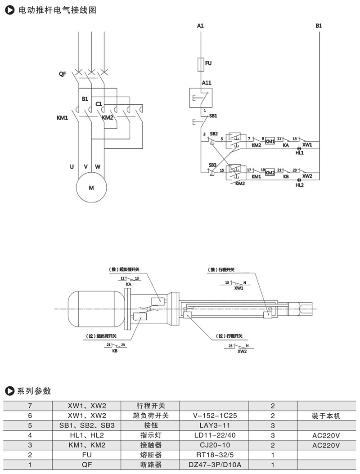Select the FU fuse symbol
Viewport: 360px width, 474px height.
coord(201,64)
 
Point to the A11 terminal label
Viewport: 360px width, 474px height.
coord(207,83)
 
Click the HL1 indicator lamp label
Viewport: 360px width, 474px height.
coord(300,152)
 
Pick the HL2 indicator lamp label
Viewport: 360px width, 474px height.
coord(300,185)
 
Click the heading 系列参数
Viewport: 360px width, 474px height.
coord(34,390)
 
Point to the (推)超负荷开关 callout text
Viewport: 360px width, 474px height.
coord(124,270)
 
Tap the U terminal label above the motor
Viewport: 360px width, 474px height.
coord(72,167)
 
